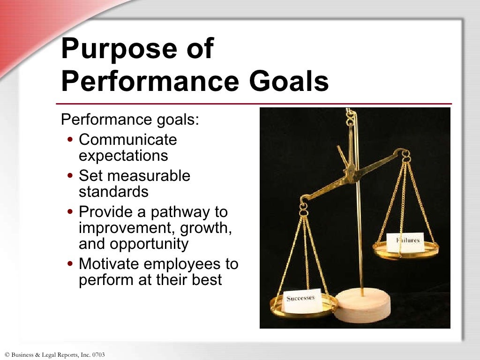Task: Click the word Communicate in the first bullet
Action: pyautogui.click(x=128, y=140)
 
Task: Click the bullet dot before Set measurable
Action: pyautogui.click(x=70, y=177)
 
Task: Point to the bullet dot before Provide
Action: pyautogui.click(x=70, y=213)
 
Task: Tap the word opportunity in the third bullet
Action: pyautogui.click(x=149, y=244)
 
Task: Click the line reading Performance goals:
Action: pyautogui.click(x=130, y=119)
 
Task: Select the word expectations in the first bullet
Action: pyautogui.click(x=123, y=155)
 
